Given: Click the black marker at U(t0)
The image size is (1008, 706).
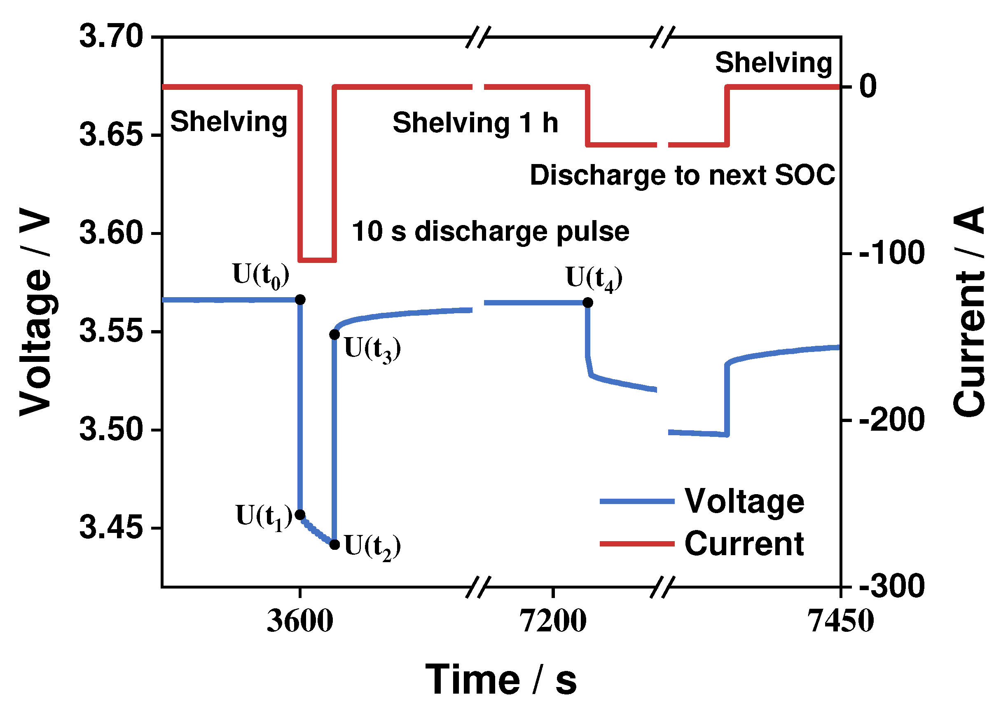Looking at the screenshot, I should [x=300, y=300].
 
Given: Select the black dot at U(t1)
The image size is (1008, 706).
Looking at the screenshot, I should [x=300, y=514].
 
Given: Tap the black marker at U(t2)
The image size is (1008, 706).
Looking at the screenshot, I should [x=334, y=544].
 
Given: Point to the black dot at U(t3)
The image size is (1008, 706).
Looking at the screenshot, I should [x=334, y=335].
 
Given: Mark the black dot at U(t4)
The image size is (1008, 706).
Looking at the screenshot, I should [x=588, y=303].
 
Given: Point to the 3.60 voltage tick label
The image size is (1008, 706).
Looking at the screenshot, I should [x=112, y=233].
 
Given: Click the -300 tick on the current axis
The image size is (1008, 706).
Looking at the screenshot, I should [x=892, y=586].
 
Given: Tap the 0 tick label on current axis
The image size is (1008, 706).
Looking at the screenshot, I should [x=868, y=86].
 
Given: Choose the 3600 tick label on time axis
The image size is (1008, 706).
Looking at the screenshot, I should [x=300, y=622].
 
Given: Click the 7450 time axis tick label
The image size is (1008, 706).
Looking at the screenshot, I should [x=840, y=622].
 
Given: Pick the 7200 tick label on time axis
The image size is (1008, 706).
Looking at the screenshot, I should [x=553, y=622].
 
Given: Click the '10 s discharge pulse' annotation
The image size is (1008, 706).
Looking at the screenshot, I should [x=490, y=232].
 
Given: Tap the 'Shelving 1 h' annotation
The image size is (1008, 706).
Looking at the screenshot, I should [x=475, y=122].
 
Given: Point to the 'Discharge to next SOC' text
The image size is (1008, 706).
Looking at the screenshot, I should [x=683, y=175].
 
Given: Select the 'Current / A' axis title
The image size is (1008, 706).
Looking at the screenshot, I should [x=969, y=312].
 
